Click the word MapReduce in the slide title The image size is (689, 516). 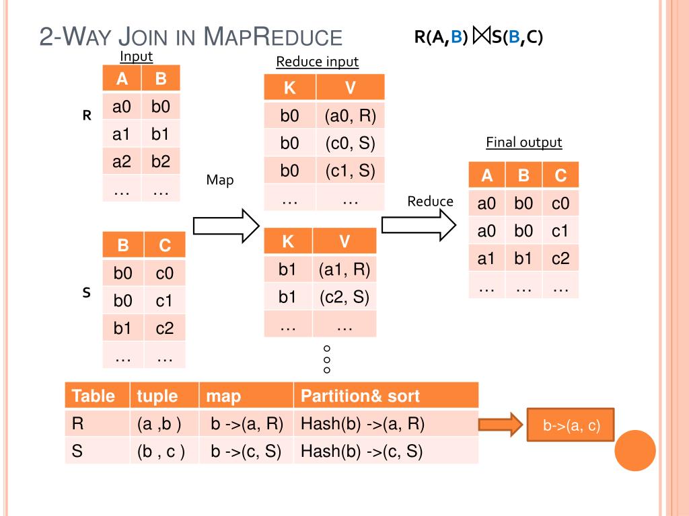(x=272, y=36)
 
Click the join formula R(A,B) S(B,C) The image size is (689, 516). (x=478, y=37)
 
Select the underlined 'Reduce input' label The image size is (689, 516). (x=318, y=62)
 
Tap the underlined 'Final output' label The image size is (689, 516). (x=523, y=142)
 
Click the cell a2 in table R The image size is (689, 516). (x=122, y=162)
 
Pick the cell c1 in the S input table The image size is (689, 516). (x=164, y=301)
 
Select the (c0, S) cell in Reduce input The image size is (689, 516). (x=350, y=144)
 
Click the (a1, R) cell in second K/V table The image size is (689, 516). (x=344, y=270)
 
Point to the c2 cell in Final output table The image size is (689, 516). (x=560, y=259)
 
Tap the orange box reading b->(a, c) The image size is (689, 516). (x=571, y=425)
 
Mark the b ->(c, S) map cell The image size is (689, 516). (x=246, y=451)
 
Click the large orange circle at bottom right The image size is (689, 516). (x=634, y=450)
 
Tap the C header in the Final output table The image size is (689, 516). (x=560, y=176)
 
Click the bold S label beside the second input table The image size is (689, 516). (x=86, y=293)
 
